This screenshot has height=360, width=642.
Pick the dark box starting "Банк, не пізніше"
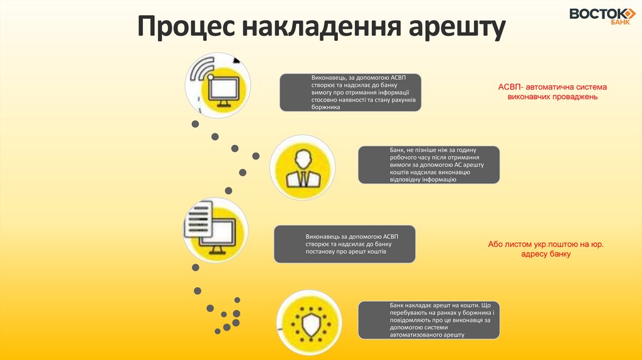coord(429,165)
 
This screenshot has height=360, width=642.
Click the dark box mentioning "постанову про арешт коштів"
coord(344,244)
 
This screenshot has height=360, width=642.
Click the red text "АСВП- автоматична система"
coord(552,87)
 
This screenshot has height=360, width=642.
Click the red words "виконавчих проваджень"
coord(552,97)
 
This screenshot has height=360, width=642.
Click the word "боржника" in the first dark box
coord(326,107)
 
